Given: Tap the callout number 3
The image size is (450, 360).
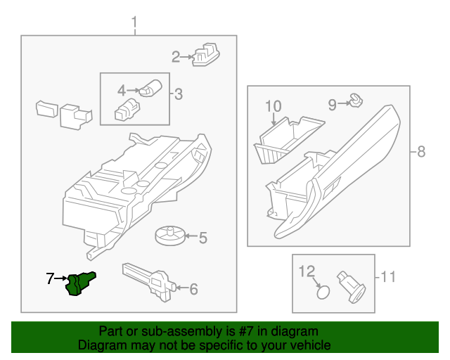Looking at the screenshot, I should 179,94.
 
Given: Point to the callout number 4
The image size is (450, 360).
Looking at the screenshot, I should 122,90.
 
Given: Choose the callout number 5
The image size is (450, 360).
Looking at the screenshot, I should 202,238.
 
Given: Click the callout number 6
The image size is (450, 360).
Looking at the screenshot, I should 194,288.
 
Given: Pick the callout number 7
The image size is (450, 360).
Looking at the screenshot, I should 50,279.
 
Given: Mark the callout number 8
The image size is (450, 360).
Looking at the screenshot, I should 421,151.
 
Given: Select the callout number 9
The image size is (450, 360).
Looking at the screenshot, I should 332,105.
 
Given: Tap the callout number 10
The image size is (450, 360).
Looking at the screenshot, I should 273,106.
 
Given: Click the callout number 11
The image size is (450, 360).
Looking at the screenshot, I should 388,277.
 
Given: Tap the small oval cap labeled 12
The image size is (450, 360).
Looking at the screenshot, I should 323,292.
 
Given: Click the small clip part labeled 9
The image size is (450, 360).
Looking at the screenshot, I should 356,102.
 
